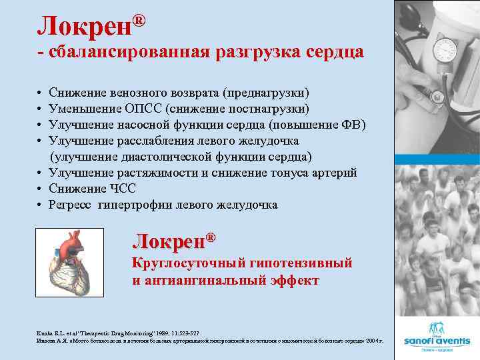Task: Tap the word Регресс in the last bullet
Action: click(x=70, y=205)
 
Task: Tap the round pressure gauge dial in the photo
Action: click(x=445, y=51)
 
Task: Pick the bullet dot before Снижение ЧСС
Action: click(x=41, y=189)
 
